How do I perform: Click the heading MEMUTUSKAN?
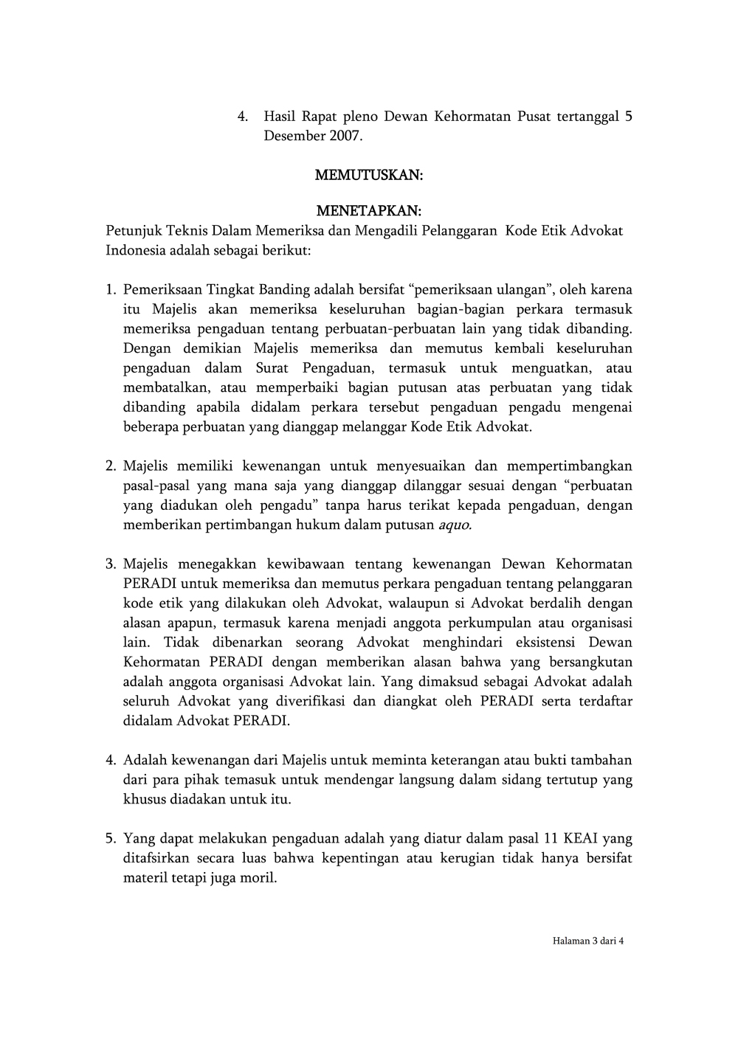[368, 176]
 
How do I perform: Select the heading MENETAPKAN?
[368, 212]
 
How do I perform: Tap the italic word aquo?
[455, 525]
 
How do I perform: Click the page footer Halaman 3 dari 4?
[587, 941]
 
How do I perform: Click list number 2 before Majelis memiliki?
[111, 466]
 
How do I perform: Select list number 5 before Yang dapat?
[111, 839]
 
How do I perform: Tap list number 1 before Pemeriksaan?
[111, 290]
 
